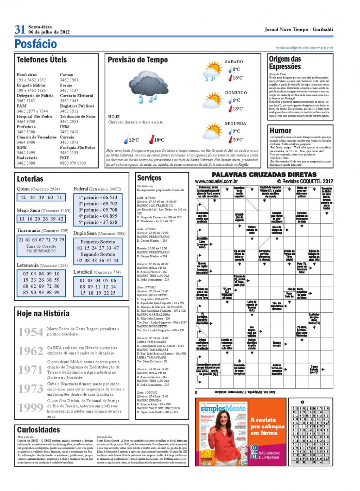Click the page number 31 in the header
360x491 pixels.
[x=20, y=30]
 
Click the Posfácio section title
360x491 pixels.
[x=35, y=44]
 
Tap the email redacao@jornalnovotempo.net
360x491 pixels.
[x=304, y=48]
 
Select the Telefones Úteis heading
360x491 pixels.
[x=42, y=60]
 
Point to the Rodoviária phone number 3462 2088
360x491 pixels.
[x=26, y=163]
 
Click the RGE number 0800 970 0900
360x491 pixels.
[x=73, y=163]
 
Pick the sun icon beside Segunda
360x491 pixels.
[x=213, y=131]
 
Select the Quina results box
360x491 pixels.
[x=41, y=197]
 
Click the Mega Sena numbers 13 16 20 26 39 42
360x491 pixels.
[x=41, y=219]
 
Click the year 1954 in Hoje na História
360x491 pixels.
[x=31, y=332]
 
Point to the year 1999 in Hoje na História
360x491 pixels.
[x=31, y=407]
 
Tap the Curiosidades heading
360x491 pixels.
[x=38, y=430]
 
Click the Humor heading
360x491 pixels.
[x=280, y=131]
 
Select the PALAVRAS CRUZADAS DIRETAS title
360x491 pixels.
[x=264, y=175]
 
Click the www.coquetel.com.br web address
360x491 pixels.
[x=216, y=181]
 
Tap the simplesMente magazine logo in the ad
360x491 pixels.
[x=223, y=408]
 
